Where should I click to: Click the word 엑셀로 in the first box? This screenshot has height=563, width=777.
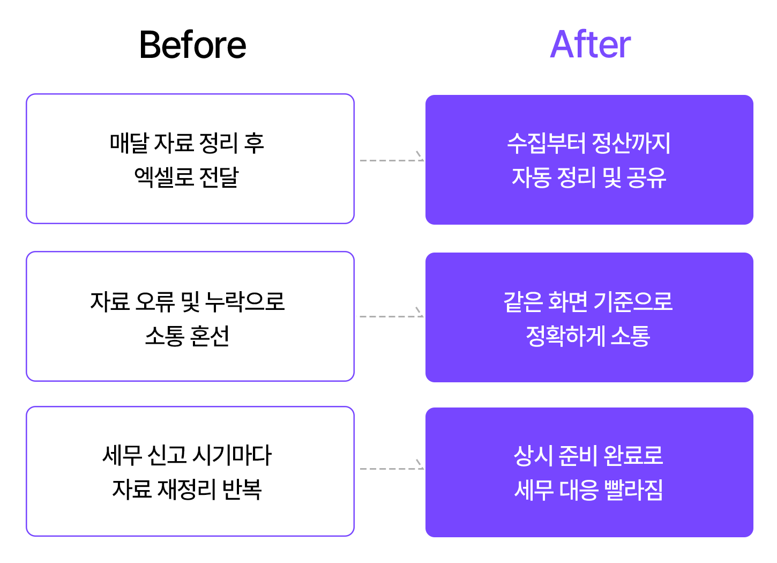pyautogui.click(x=163, y=177)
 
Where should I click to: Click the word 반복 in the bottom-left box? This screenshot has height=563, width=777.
pyautogui.click(x=242, y=489)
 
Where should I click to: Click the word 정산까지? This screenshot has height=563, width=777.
pyautogui.click(x=631, y=143)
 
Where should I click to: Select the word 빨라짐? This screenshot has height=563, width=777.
pyautogui.click(x=633, y=490)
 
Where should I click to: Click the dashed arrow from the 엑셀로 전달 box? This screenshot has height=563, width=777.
pyautogui.click(x=392, y=159)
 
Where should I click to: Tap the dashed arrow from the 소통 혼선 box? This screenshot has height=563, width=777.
pyautogui.click(x=390, y=315)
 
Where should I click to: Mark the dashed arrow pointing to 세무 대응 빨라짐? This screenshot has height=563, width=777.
pyautogui.click(x=392, y=468)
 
